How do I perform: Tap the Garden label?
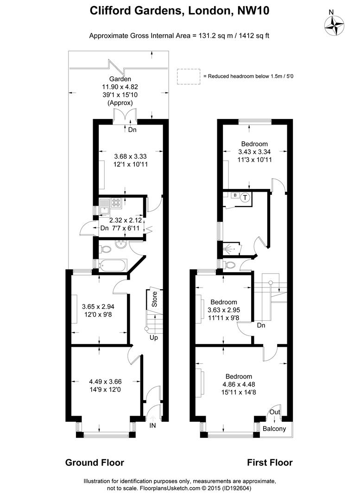(120, 79)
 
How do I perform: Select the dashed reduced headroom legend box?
(187, 76)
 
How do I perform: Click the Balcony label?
(274, 429)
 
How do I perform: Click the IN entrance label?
(152, 425)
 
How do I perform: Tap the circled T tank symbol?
(246, 197)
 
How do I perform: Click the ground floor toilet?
(106, 250)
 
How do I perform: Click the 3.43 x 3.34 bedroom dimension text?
(254, 151)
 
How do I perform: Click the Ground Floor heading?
(95, 462)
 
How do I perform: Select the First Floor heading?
(270, 462)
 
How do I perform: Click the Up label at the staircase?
(153, 338)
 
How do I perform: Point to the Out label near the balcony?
(274, 412)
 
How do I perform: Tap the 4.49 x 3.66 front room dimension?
(105, 382)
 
